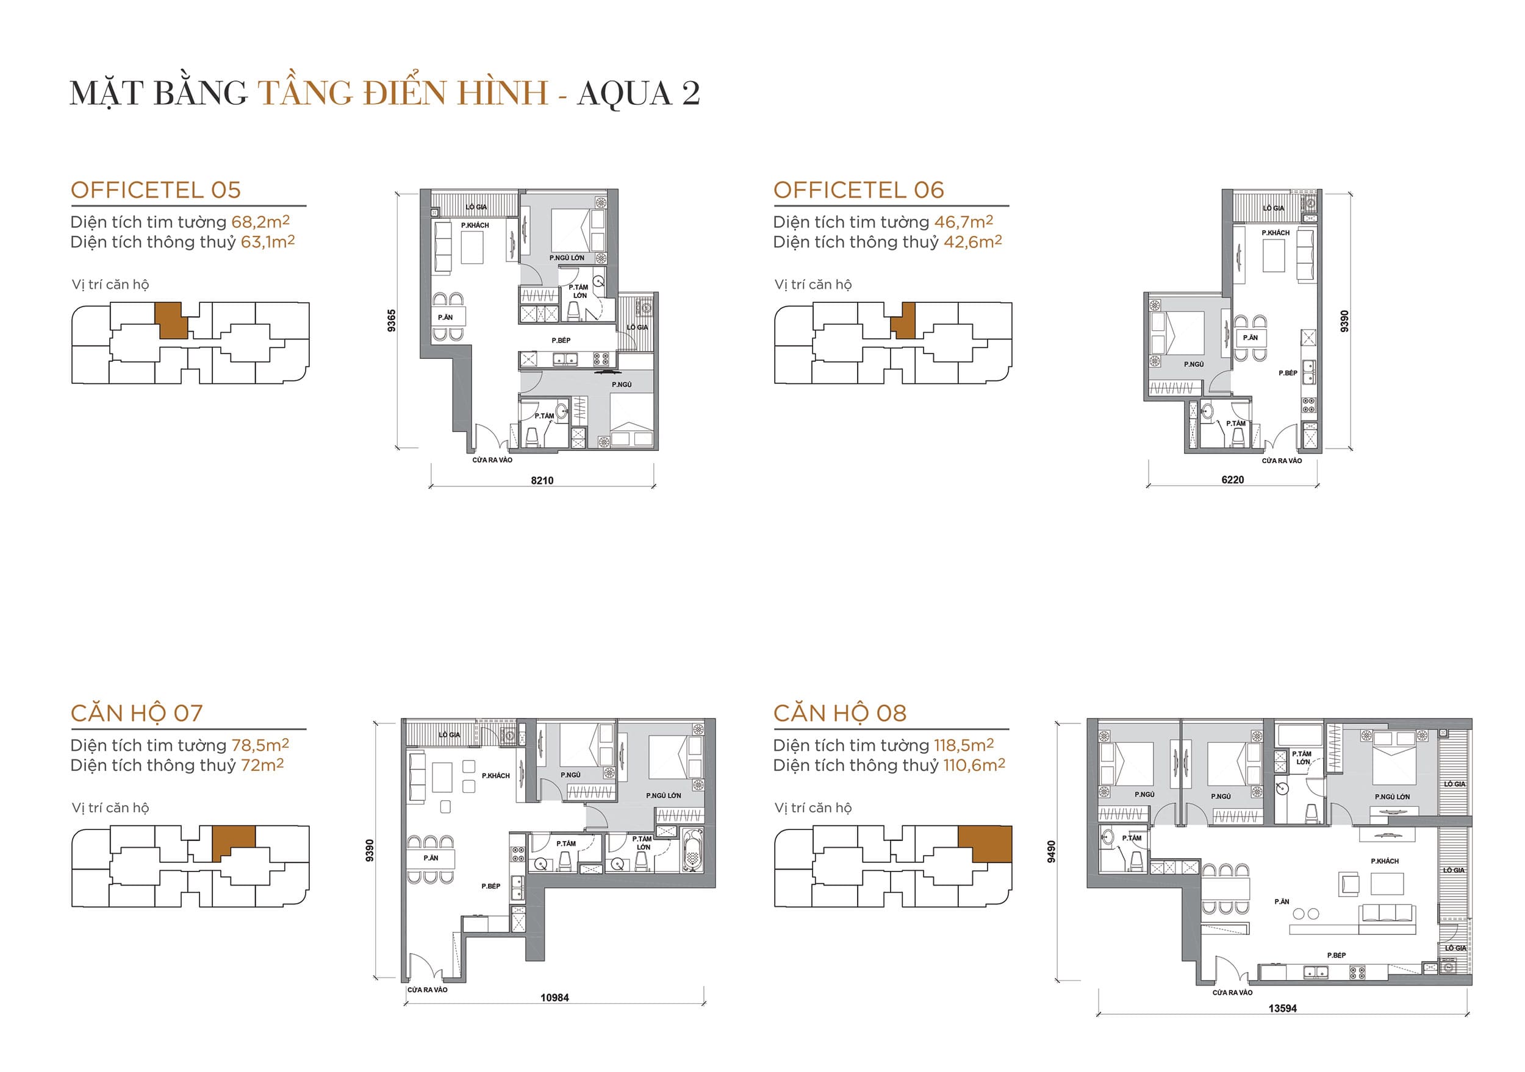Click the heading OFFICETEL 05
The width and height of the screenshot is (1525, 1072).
click(x=156, y=191)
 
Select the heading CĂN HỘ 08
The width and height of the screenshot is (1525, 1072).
click(x=839, y=714)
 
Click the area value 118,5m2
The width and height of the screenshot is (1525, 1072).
click(x=963, y=745)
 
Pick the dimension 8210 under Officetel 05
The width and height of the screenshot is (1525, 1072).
click(x=542, y=481)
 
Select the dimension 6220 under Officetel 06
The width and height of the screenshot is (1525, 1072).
click(x=1232, y=480)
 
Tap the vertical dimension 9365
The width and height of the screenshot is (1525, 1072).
click(x=392, y=321)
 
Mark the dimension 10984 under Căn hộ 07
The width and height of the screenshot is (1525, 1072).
click(x=554, y=998)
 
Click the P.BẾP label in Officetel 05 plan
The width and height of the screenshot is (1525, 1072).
click(x=561, y=341)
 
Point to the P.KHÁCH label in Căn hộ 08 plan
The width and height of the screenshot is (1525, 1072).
click(x=1384, y=861)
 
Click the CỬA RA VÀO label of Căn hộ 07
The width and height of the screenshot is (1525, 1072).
click(x=427, y=990)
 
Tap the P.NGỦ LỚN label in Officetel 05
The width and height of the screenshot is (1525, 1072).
click(x=567, y=258)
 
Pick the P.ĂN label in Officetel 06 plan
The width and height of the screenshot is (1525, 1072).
click(x=1250, y=338)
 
